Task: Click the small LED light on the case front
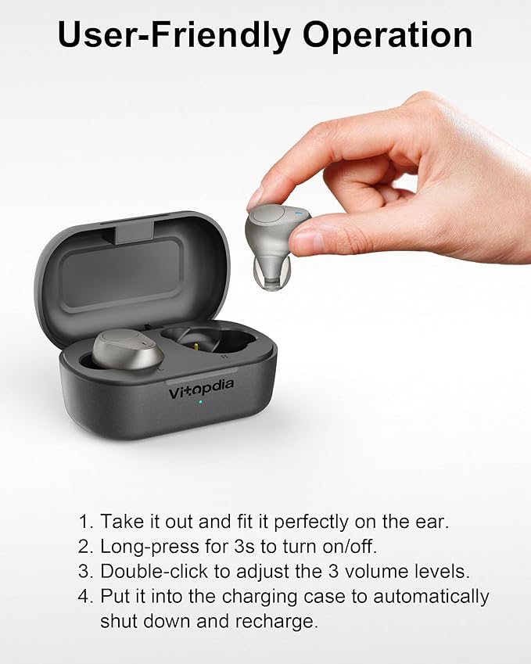[x=200, y=402]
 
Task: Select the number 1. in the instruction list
[x=87, y=522]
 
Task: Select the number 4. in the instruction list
[x=87, y=597]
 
